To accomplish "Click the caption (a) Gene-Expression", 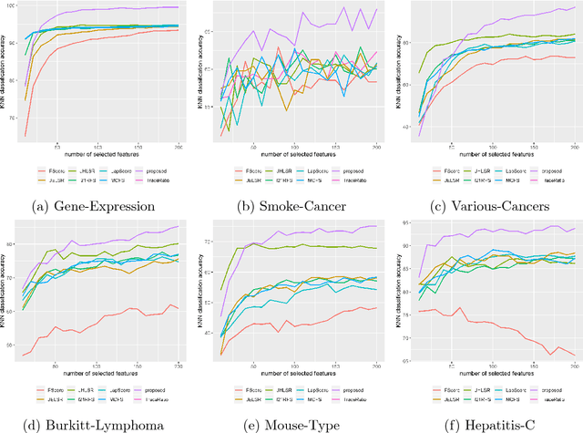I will pos(98,206).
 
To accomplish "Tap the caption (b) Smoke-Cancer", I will pos(291,206).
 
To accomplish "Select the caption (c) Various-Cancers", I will pos(485,206).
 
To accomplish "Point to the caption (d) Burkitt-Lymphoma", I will pos(98,424).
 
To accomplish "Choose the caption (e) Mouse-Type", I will pos(291,424).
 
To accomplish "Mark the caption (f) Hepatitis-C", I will pos(485,424).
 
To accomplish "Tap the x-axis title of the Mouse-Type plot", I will pos(301,374).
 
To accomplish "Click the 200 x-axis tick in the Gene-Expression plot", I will pos(177,145).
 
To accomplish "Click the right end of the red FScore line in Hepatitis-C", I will pos(575,354).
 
